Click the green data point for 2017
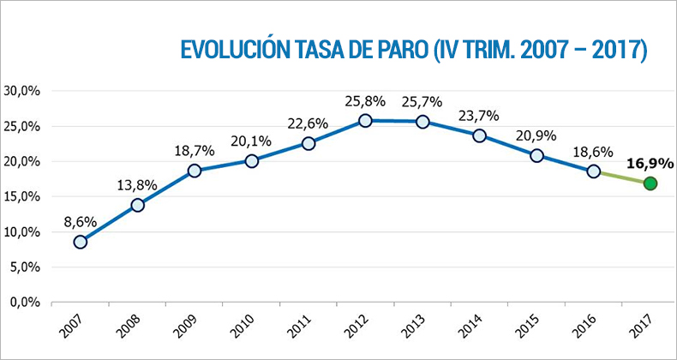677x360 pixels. pos(650,183)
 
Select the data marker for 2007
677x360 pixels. pos(81,242)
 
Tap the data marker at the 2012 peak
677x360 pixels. pos(365,121)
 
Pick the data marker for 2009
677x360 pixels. pos(195,171)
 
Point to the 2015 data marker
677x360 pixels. pos(536,155)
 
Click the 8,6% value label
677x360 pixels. pos(81,221)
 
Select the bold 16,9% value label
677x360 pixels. pos(650,162)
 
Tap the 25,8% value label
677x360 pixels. pos(365,100)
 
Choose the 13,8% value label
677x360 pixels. pos(137,184)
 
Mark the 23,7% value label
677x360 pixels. pos(479,115)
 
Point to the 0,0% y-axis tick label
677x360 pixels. pos(27,303)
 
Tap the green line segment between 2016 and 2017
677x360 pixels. pos(621,177)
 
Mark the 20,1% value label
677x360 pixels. pos(251,141)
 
